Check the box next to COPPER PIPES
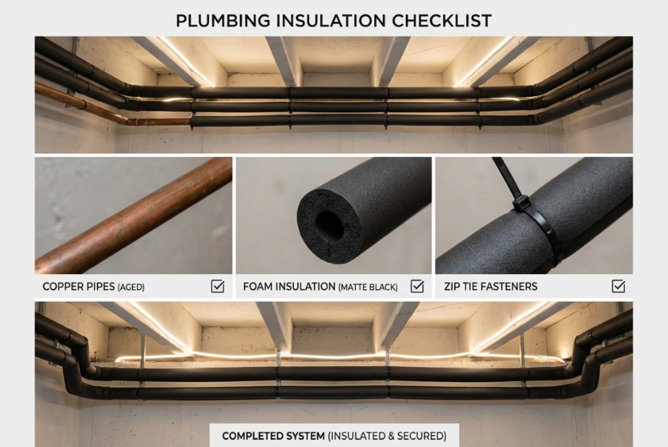point(217,287)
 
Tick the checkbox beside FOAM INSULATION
point(417,287)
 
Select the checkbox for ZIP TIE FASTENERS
point(618,287)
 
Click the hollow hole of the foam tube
point(329,225)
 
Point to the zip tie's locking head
point(520,202)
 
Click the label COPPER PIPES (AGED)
point(94,287)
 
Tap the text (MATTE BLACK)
point(368,287)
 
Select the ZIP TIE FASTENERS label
point(490,287)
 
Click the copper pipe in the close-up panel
point(134,215)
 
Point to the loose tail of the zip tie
point(503,173)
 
